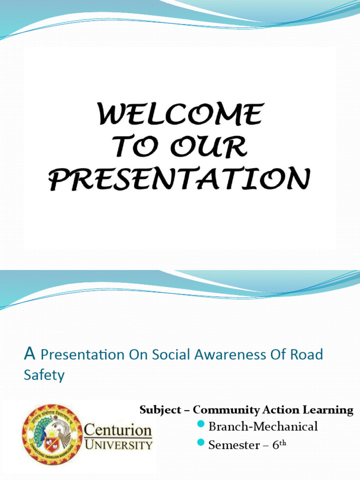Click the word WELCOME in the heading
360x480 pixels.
(x=180, y=115)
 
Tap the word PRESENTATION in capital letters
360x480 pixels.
(x=180, y=179)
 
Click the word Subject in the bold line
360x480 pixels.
(x=160, y=410)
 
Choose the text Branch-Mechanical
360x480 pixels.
(x=263, y=427)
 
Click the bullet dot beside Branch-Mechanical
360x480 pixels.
(x=202, y=425)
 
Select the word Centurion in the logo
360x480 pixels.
(x=118, y=430)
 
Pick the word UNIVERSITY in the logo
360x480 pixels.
(x=118, y=444)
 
